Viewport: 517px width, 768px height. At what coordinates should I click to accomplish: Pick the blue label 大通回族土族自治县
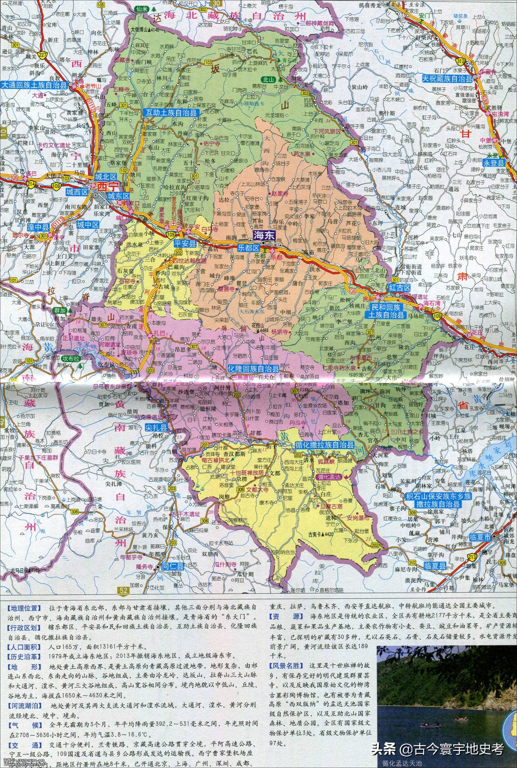click(34, 84)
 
